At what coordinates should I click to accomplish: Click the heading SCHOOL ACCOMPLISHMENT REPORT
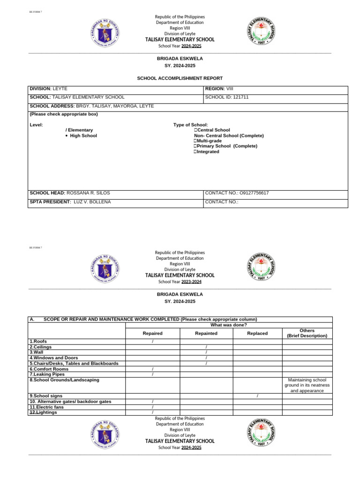pos(180,78)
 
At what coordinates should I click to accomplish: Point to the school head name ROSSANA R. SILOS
pos(88,193)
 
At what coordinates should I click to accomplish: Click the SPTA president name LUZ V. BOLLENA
pos(92,202)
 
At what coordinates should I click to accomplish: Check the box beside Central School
pos(195,130)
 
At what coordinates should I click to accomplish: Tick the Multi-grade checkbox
pos(195,141)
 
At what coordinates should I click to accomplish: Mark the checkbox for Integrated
pos(195,152)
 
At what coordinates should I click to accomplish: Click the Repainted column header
pos(206,333)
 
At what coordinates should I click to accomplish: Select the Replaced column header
pos(257,333)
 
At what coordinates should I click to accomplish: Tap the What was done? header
pos(229,325)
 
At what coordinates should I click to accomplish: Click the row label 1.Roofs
pos(38,341)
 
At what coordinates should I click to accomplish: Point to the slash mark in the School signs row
pos(257,396)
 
